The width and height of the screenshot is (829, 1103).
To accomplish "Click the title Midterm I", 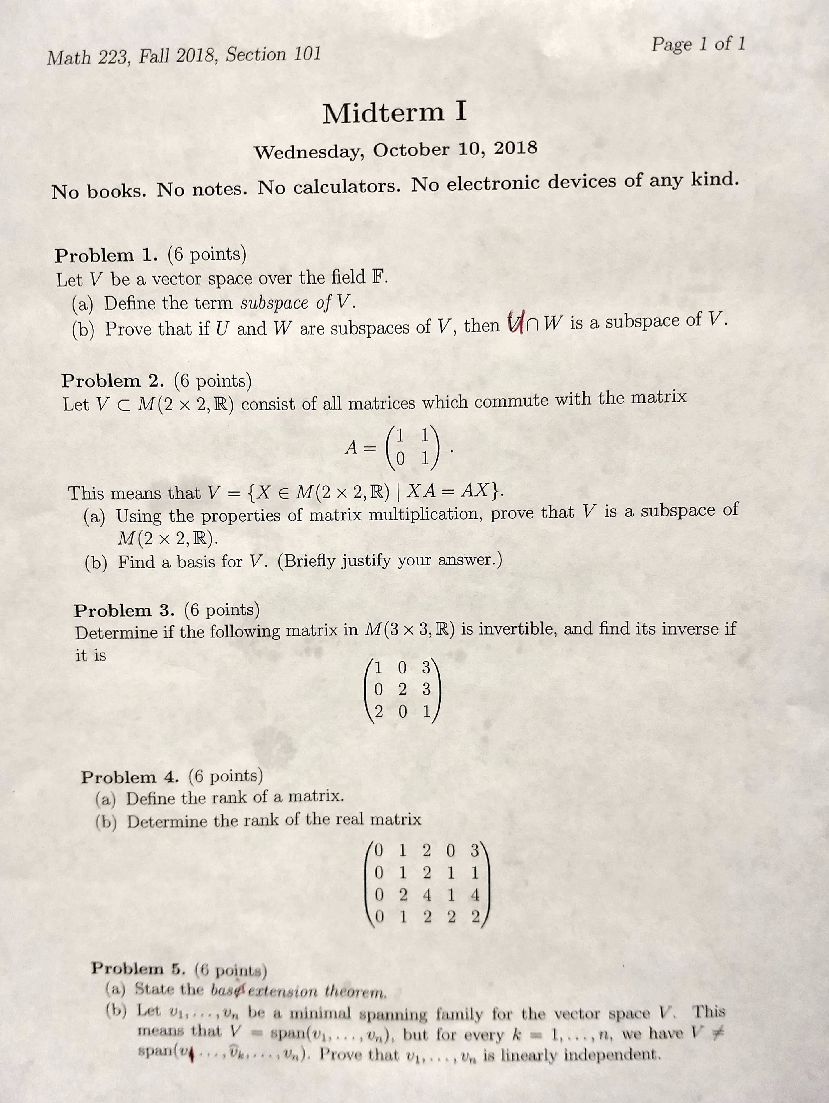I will (394, 112).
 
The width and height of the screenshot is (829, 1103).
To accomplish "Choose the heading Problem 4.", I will (132, 776).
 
